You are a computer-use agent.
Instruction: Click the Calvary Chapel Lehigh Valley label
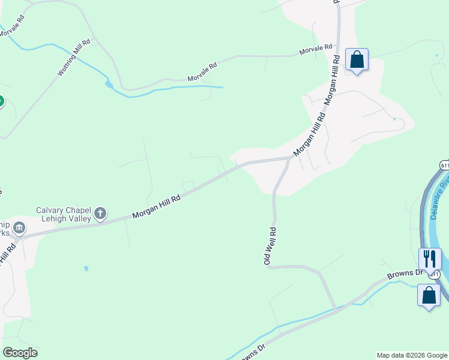(63, 214)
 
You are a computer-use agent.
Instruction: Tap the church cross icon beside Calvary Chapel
(100, 213)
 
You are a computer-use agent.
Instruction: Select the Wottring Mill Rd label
(74, 58)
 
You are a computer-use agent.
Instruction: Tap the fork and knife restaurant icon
(429, 259)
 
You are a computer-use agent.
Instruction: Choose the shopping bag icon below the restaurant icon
(429, 295)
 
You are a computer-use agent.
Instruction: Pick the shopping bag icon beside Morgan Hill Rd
(357, 59)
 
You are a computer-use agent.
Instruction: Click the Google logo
(20, 353)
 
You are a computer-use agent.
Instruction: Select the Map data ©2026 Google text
(412, 355)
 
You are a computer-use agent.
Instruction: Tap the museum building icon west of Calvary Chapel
(19, 227)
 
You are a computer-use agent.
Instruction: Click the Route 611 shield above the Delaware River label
(444, 165)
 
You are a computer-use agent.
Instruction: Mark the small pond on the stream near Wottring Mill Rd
(109, 85)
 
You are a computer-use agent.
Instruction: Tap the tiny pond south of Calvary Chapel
(86, 268)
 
